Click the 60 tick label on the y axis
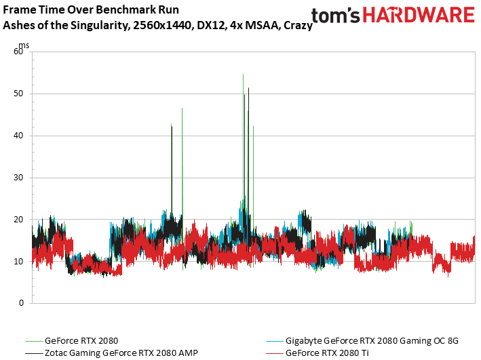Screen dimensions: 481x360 [18, 52]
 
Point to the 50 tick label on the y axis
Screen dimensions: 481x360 [18, 94]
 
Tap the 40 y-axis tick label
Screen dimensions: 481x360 [18, 136]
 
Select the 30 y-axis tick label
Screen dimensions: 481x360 [18, 178]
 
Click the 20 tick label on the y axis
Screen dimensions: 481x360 [18, 220]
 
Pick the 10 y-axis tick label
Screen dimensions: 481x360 [18, 262]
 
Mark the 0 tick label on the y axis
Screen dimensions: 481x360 [21, 303]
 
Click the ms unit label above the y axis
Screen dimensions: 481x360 [24, 45]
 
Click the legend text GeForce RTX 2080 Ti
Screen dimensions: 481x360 [327, 353]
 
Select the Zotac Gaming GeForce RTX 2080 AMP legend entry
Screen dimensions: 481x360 [121, 353]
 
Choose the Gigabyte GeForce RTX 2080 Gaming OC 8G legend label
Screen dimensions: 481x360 [372, 341]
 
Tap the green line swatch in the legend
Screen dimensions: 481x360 [34, 341]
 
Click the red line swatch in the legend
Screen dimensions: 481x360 [275, 353]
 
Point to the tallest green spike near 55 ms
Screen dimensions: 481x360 [244, 75]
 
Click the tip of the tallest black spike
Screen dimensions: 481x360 [248, 88]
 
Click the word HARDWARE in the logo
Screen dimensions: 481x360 [419, 15]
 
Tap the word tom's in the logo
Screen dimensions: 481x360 [336, 16]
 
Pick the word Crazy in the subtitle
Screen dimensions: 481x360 [298, 26]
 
